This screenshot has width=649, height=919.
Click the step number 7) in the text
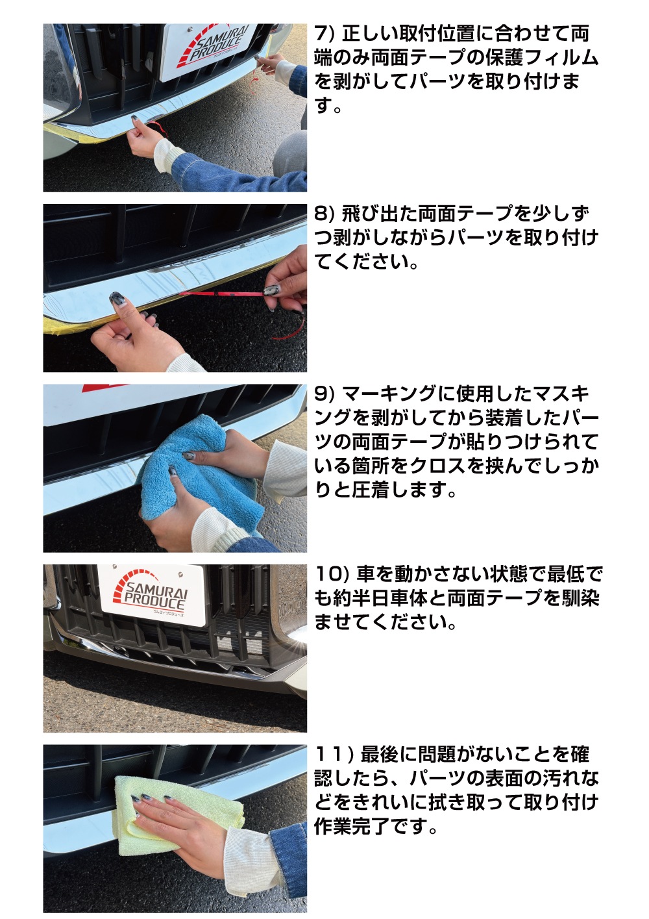pyautogui.click(x=324, y=34)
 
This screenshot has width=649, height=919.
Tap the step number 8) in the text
pyautogui.click(x=324, y=214)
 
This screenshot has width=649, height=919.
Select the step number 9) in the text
pyautogui.click(x=324, y=394)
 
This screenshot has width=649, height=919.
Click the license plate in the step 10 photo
pyautogui.click(x=151, y=595)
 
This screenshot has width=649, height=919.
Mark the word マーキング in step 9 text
pyautogui.click(x=389, y=394)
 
